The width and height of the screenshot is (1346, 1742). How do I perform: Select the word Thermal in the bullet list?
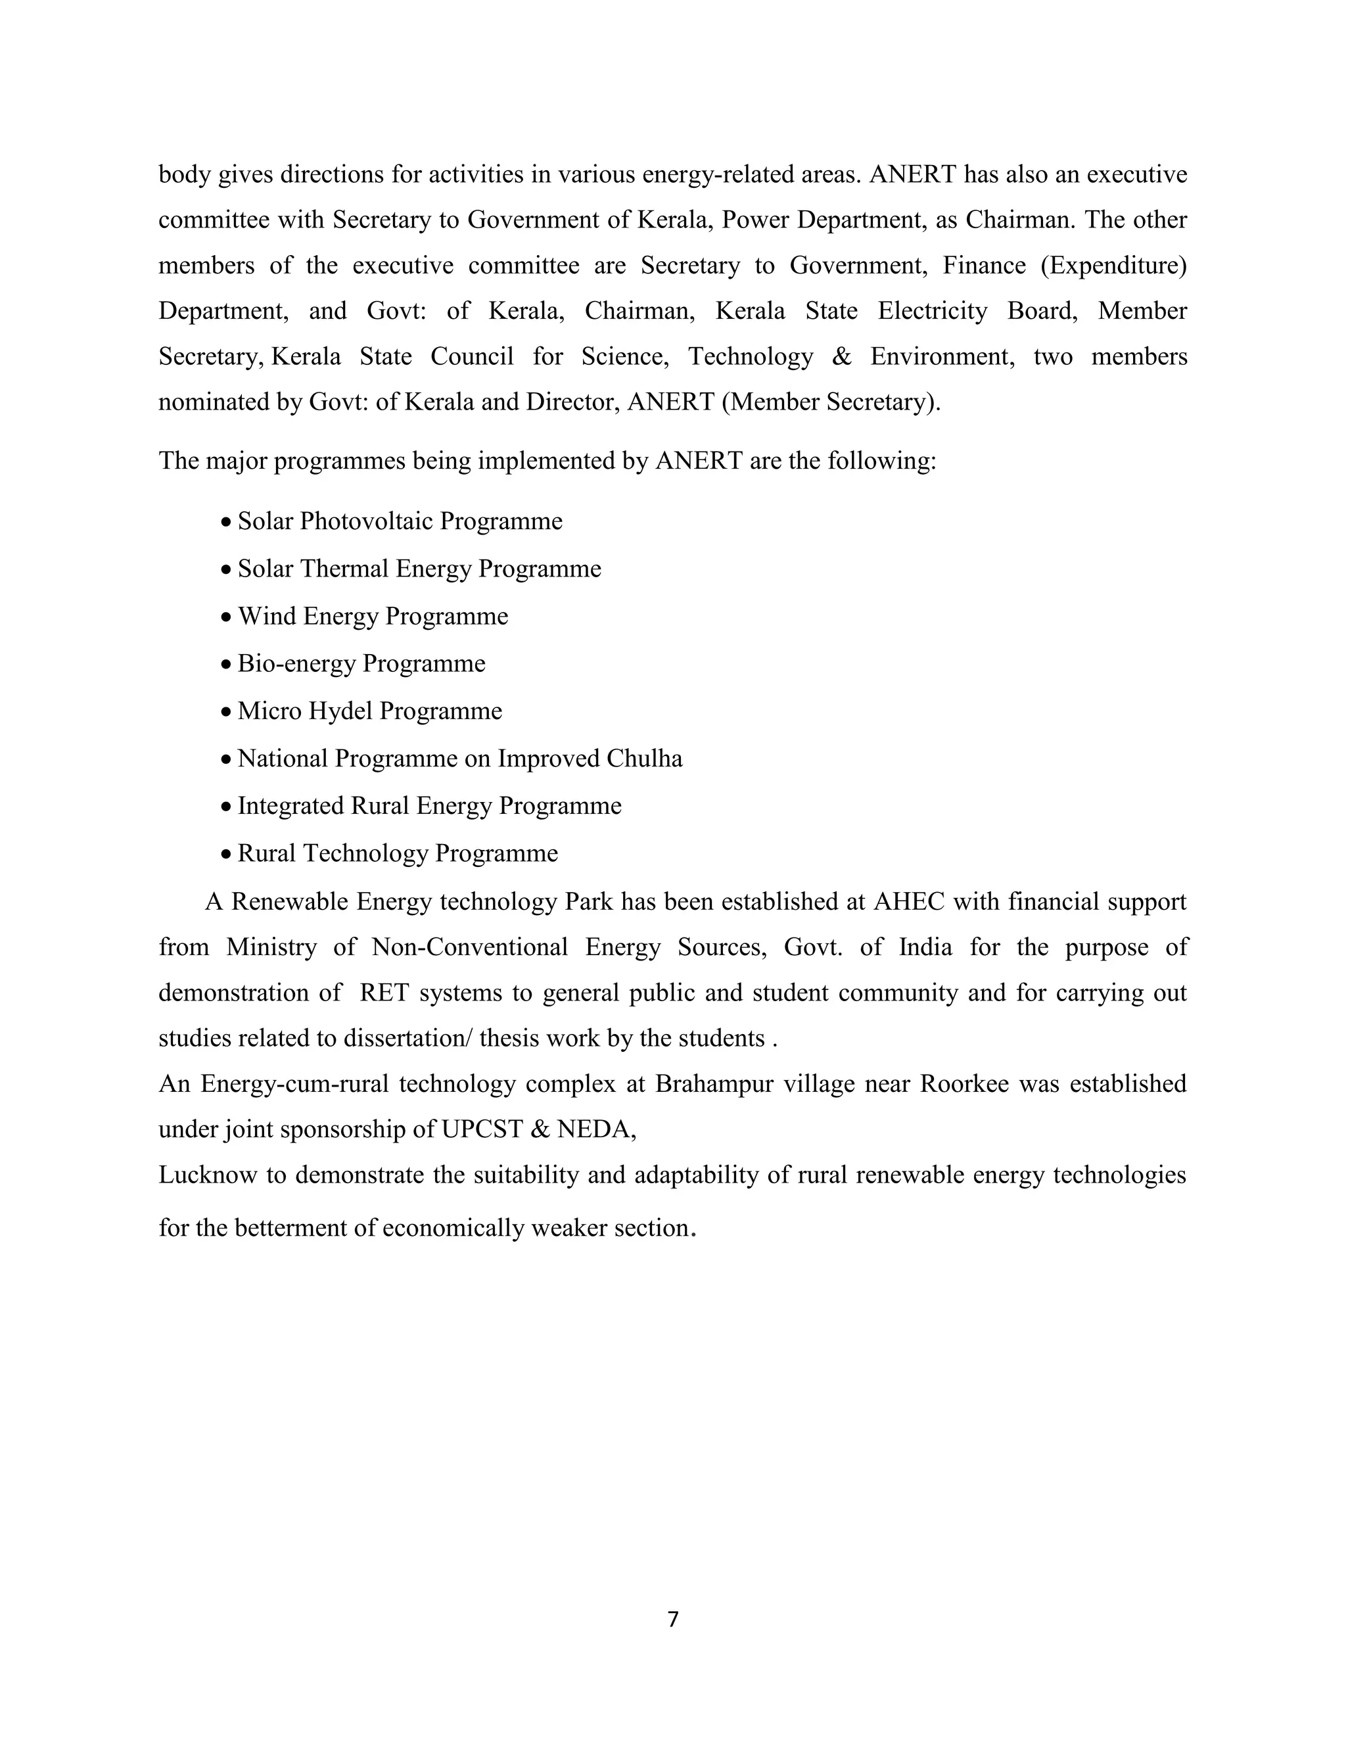[x=344, y=569]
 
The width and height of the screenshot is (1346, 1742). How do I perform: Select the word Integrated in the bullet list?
[x=290, y=806]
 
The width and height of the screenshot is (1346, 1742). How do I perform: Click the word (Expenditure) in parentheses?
[x=1113, y=265]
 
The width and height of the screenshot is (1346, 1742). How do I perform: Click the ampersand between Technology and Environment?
[x=841, y=356]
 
